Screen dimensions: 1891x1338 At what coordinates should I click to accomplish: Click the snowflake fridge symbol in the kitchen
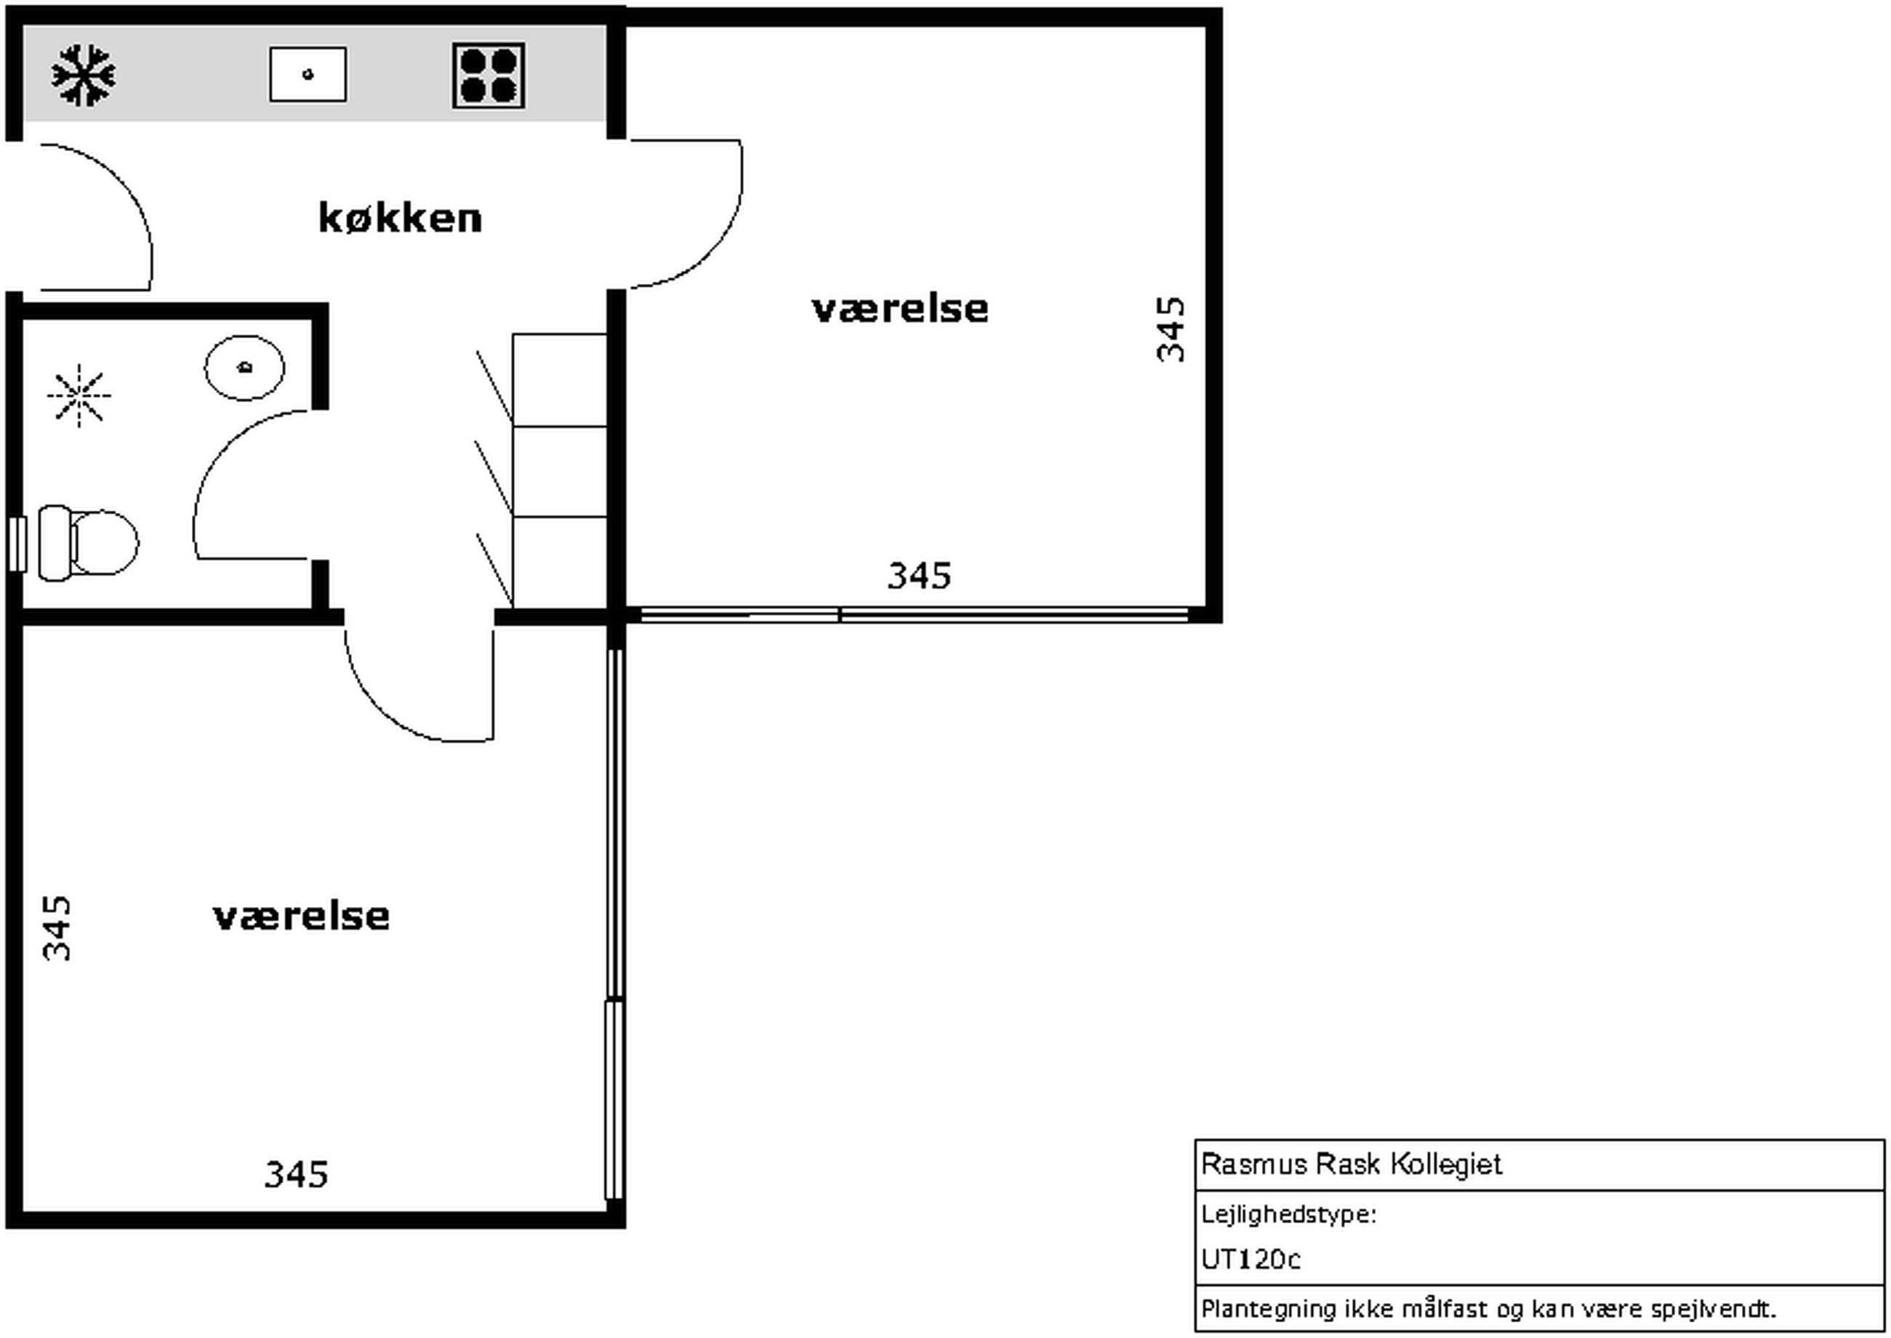point(83,76)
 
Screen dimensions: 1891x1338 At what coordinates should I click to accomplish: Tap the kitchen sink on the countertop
point(308,74)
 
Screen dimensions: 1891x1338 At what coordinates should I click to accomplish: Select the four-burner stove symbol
point(489,76)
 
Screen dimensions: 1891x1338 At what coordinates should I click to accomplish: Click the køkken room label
point(401,218)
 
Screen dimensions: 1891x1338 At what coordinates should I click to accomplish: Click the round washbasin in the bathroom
point(245,368)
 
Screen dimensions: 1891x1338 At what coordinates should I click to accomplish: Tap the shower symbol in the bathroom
point(79,395)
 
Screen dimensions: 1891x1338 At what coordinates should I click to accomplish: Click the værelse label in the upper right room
point(900,310)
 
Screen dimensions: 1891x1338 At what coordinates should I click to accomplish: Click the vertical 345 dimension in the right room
point(1171,329)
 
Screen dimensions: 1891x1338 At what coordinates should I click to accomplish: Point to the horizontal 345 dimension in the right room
point(920,576)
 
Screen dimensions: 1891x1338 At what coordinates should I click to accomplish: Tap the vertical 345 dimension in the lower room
point(57,929)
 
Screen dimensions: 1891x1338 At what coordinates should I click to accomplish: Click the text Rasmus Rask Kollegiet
point(1352,1164)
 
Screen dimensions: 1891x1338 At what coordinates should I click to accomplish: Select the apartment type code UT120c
point(1250,1260)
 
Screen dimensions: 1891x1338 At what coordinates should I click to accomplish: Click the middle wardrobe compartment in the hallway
point(561,471)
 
